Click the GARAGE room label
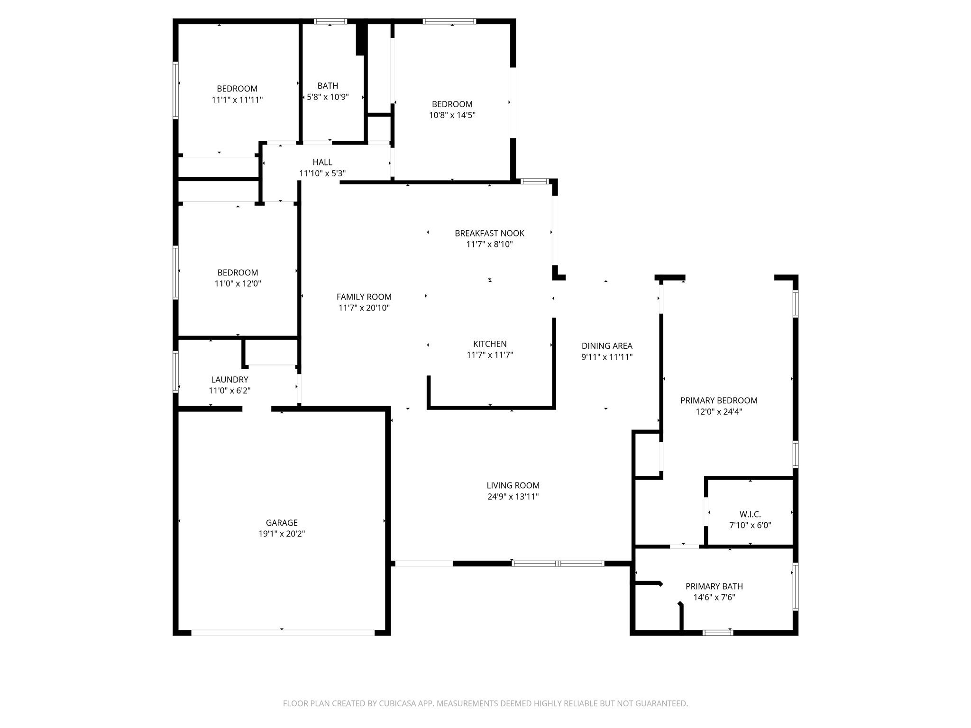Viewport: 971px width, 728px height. (282, 523)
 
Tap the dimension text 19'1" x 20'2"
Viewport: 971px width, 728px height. (282, 534)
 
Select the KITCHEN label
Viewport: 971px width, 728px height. (490, 344)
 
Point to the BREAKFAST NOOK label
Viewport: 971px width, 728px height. (490, 233)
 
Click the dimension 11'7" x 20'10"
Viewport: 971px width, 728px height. (364, 308)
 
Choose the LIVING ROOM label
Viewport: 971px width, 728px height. (513, 485)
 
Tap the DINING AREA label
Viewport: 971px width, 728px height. (607, 346)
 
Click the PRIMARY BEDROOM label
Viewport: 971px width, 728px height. (719, 400)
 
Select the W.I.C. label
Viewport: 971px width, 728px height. (750, 514)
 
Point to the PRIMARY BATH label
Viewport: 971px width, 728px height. (714, 586)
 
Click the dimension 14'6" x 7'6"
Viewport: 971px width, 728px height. (714, 598)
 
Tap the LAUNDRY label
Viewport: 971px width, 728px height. (229, 380)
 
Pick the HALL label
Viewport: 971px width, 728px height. (322, 163)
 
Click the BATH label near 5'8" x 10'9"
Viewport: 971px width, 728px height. (328, 86)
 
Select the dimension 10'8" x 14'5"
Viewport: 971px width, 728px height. (452, 115)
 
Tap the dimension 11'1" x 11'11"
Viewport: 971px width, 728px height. (237, 100)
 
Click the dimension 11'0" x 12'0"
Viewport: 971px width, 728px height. (238, 284)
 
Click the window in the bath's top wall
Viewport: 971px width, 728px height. (330, 21)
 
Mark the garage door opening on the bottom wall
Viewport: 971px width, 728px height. (283, 633)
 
